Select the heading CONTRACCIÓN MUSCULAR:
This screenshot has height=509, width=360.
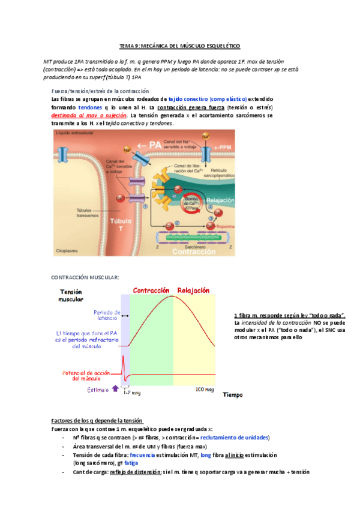click(x=85, y=277)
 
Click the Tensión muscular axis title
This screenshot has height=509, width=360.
click(x=71, y=295)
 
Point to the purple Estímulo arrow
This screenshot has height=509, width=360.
click(x=116, y=389)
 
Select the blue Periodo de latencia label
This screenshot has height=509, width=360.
click(x=106, y=316)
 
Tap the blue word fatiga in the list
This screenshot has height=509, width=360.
click(x=131, y=463)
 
